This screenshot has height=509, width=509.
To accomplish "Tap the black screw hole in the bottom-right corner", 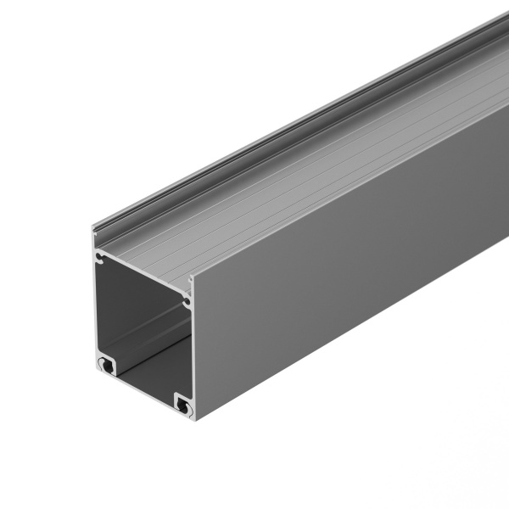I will tap(182, 406).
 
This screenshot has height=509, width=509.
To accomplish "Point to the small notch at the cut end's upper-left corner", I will tap(101, 255).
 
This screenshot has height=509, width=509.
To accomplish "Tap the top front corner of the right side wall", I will tap(193, 277).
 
